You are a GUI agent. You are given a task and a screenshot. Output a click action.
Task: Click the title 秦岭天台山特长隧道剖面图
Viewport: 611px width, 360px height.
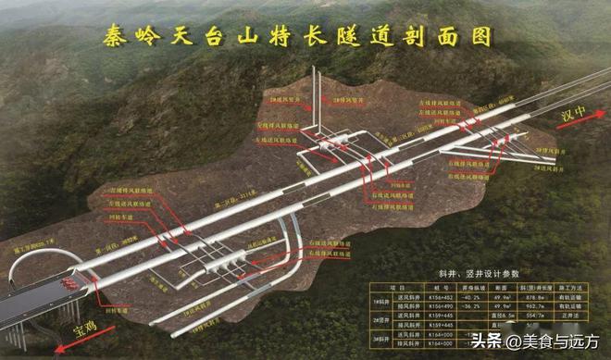(296, 38)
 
